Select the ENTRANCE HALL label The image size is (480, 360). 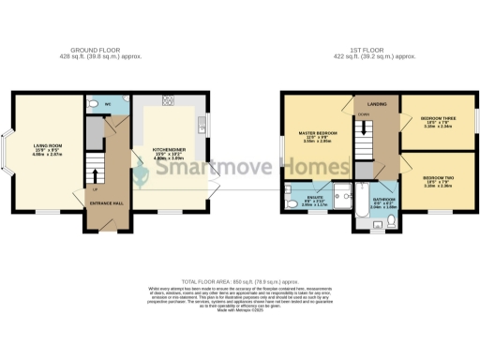click(102, 202)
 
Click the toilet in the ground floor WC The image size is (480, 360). click(93, 104)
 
